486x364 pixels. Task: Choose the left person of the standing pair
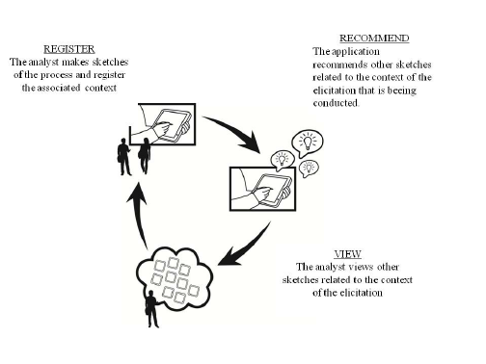pyautogui.click(x=124, y=155)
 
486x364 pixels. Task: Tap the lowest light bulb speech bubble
pyautogui.click(x=308, y=168)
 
